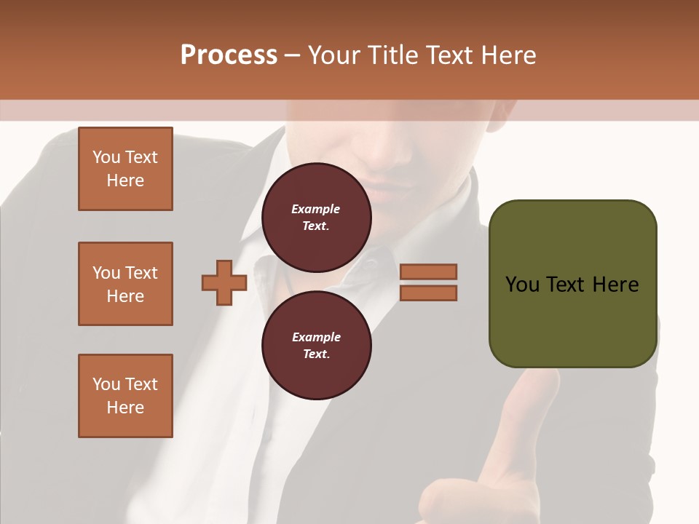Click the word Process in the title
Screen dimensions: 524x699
[229, 55]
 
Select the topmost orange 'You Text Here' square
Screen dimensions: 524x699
[125, 169]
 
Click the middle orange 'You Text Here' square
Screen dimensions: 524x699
[125, 284]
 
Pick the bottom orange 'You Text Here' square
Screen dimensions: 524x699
[125, 396]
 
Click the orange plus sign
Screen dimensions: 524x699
[224, 282]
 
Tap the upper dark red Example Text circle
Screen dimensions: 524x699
[316, 218]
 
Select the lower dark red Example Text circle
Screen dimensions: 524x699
[316, 346]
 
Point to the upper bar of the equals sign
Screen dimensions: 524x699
[428, 271]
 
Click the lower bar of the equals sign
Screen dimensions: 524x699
[428, 293]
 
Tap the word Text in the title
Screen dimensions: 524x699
[453, 55]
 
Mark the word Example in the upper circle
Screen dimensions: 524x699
[316, 209]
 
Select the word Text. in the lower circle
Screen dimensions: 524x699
[316, 354]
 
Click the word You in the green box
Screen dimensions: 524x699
[521, 285]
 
